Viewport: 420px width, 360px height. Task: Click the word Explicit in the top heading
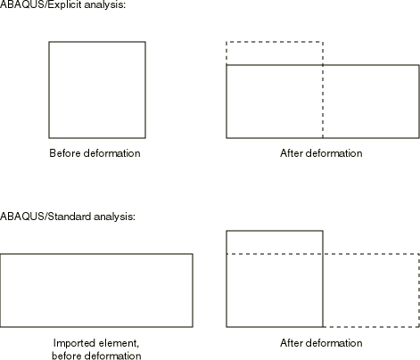click(64, 5)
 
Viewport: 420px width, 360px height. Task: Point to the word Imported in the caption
click(72, 343)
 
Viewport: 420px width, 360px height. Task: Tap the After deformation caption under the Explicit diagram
click(321, 153)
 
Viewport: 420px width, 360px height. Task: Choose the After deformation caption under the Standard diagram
click(321, 343)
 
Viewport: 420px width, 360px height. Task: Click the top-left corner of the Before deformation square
click(49, 42)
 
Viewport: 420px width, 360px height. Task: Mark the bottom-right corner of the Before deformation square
click(145, 138)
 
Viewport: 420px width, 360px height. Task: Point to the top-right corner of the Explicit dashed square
click(323, 42)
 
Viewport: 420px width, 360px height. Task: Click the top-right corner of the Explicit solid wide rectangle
click(419, 65)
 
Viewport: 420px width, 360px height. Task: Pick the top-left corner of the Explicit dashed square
click(226, 42)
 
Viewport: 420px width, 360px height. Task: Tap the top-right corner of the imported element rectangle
click(193, 254)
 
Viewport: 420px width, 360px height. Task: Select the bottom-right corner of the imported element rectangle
click(193, 327)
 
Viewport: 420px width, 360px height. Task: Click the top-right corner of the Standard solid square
click(323, 231)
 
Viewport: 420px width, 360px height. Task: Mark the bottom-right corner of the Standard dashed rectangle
click(419, 327)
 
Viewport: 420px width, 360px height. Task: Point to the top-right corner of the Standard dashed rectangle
click(419, 254)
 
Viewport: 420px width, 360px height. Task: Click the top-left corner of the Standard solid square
click(226, 231)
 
